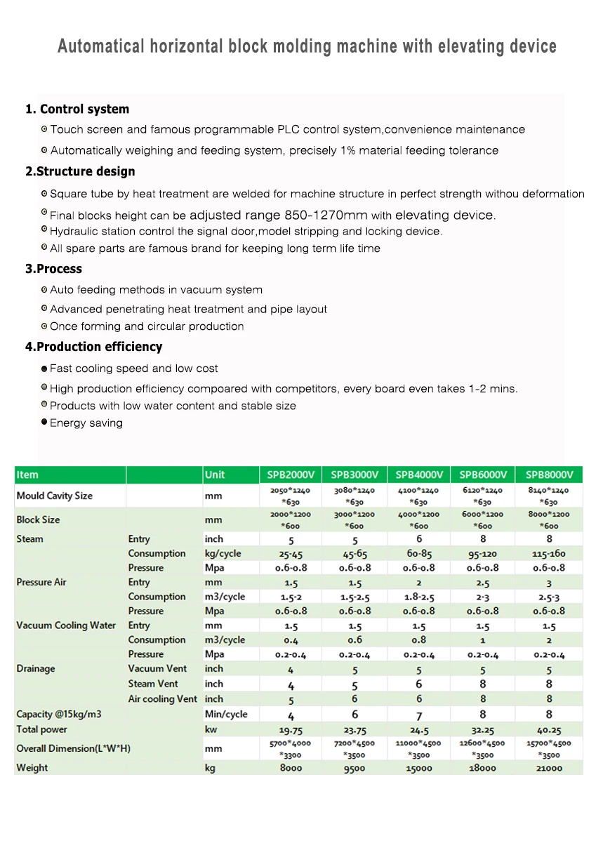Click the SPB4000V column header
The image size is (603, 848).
(x=419, y=475)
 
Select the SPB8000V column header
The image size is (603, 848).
(x=550, y=475)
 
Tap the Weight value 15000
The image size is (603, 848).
(x=419, y=768)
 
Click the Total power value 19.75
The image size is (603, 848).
(x=291, y=729)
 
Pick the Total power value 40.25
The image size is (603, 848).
(x=550, y=729)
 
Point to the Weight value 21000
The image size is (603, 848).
(x=550, y=768)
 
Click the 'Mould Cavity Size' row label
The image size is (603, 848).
(x=54, y=496)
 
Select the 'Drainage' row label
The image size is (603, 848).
(x=35, y=668)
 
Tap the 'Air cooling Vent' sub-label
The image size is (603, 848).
(x=162, y=698)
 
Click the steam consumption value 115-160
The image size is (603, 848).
(x=550, y=554)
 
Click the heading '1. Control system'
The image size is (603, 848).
(x=77, y=109)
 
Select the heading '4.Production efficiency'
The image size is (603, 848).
(x=93, y=347)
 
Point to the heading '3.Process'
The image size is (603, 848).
(x=53, y=269)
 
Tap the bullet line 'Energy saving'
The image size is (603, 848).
(x=86, y=423)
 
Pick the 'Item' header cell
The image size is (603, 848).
(x=27, y=475)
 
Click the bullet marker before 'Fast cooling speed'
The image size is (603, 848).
(x=44, y=369)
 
